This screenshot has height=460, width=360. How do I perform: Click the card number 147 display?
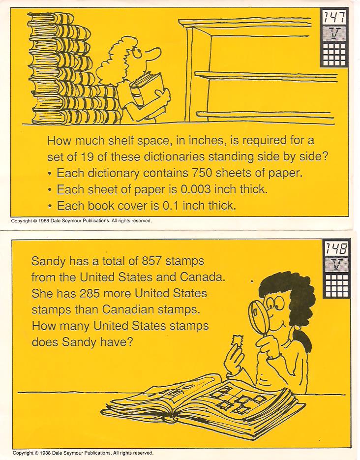(333, 17)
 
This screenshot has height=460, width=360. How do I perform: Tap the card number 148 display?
(336, 249)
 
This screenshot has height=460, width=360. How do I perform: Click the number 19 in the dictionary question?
(87, 156)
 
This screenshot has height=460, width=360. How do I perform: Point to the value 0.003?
(196, 189)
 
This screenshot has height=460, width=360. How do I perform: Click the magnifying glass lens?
(258, 317)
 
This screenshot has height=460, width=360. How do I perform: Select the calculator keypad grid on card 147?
(334, 54)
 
